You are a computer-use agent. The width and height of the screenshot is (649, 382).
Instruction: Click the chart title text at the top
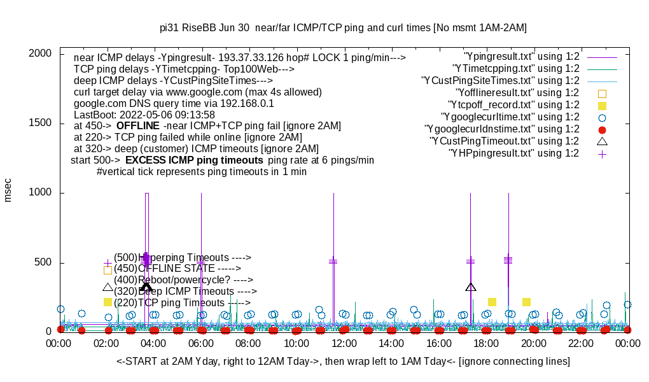point(343,28)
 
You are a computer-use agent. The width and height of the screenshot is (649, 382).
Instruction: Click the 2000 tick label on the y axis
point(40,53)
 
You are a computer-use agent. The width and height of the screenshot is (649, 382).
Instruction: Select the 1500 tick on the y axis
point(40,123)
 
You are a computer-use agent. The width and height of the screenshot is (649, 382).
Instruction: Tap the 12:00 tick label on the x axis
point(344,343)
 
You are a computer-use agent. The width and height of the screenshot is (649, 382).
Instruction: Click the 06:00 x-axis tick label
point(202,343)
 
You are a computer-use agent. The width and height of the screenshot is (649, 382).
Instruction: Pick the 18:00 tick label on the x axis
point(486,343)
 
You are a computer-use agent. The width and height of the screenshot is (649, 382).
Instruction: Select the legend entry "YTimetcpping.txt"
point(515,68)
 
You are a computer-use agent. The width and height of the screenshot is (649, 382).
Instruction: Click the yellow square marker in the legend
point(602,105)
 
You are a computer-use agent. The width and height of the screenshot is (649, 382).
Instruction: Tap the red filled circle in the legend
point(602,129)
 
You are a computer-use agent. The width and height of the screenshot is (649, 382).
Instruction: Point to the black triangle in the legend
point(602,141)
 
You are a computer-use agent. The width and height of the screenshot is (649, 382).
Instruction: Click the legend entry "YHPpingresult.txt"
point(513,153)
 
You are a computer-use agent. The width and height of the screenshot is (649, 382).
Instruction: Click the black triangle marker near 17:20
point(471,287)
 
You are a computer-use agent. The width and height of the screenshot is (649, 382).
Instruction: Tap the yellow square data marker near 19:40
point(526,302)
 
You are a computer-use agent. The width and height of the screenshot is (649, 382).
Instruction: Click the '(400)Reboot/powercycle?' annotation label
point(183,279)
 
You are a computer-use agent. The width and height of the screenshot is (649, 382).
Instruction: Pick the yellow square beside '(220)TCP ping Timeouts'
point(108,302)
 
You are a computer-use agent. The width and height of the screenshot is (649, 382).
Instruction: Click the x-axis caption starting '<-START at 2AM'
point(343,362)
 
